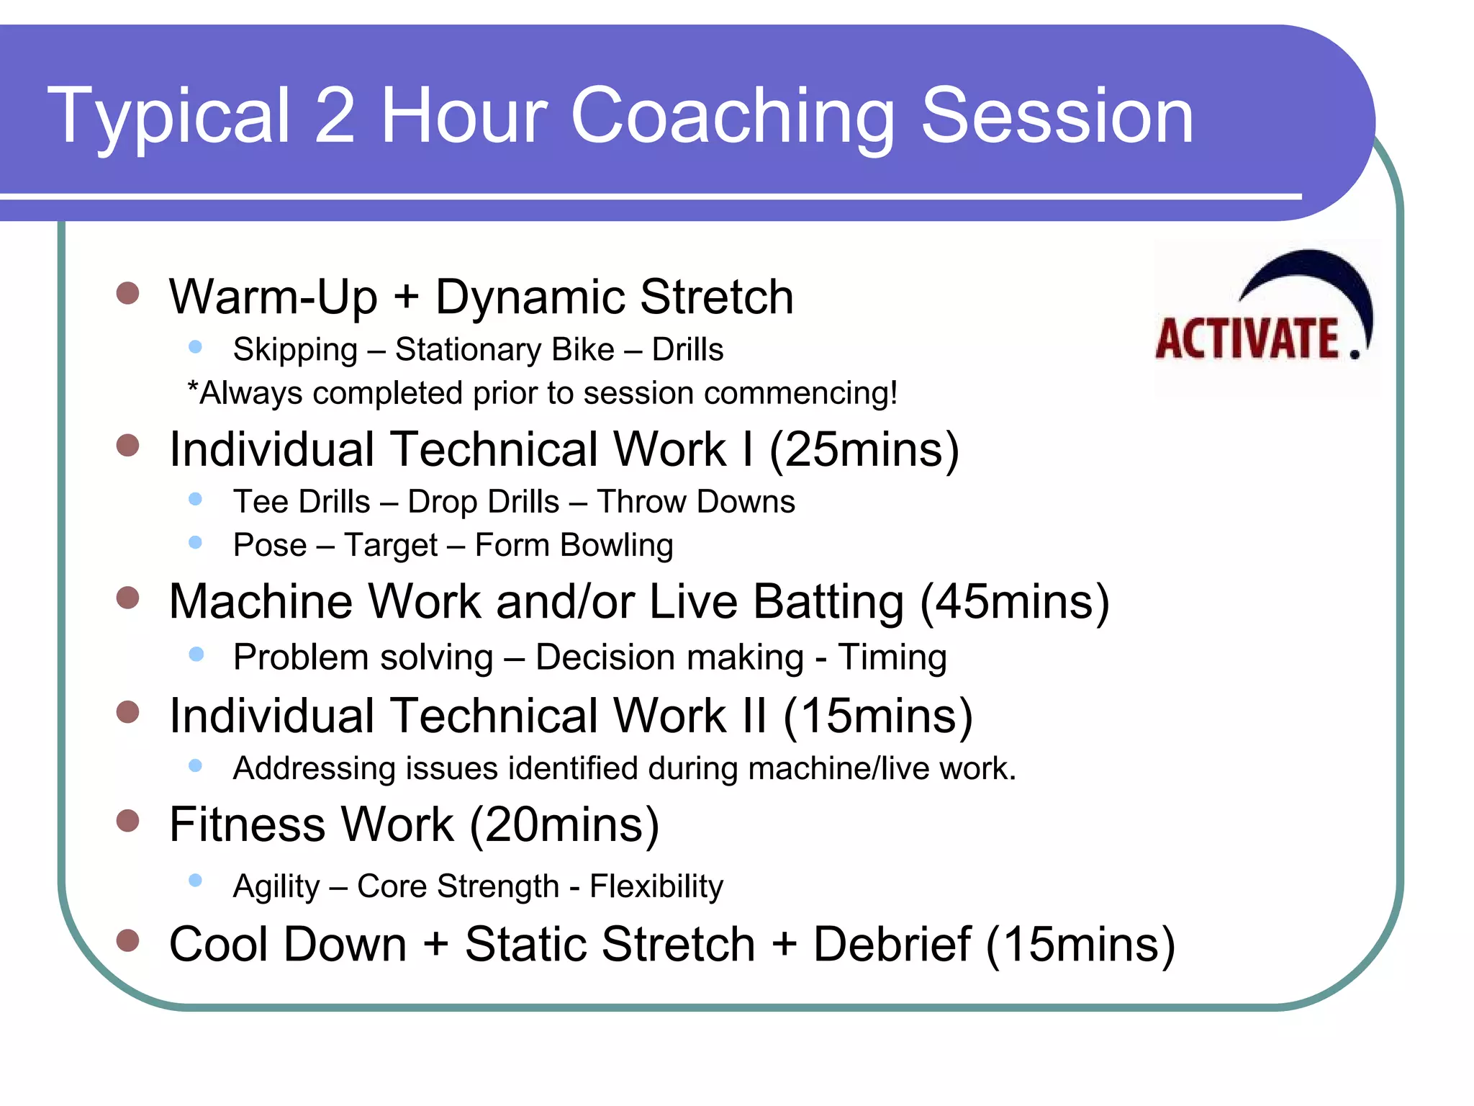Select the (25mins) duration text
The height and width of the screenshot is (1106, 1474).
click(864, 450)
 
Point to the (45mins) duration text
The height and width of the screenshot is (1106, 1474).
click(1015, 602)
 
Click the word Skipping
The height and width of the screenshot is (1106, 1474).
click(295, 350)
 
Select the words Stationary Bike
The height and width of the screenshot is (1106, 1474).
click(505, 350)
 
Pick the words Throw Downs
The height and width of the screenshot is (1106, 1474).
click(696, 502)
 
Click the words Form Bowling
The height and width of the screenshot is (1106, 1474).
click(574, 545)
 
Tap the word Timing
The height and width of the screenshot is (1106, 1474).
click(892, 657)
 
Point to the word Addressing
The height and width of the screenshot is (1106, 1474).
click(315, 769)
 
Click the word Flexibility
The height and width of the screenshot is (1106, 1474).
click(656, 886)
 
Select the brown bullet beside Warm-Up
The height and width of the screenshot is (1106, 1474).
click(127, 293)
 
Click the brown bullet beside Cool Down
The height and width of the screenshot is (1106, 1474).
click(127, 940)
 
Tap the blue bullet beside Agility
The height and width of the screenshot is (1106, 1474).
click(195, 880)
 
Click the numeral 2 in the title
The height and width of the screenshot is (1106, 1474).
click(335, 117)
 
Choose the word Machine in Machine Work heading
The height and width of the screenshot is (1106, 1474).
click(260, 602)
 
